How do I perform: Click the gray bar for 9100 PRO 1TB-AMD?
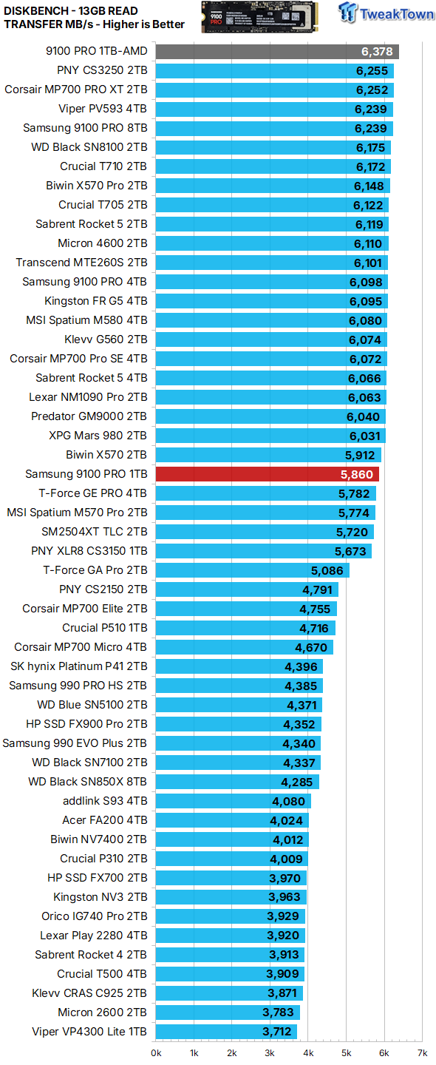click(x=277, y=51)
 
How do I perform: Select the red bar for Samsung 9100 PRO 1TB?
click(x=267, y=474)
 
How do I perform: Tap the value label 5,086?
click(x=327, y=570)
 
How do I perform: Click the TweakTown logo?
click(x=386, y=13)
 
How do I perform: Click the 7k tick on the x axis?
click(x=421, y=1052)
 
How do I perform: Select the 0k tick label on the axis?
click(x=156, y=1052)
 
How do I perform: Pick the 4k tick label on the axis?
click(x=307, y=1052)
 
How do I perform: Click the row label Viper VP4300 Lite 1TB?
click(x=89, y=1032)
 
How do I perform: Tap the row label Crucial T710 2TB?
click(x=103, y=166)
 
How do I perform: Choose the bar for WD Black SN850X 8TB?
click(x=237, y=782)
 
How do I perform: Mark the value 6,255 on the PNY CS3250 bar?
click(x=371, y=71)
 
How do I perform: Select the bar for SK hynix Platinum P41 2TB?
click(x=239, y=666)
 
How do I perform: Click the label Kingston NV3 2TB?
click(x=100, y=897)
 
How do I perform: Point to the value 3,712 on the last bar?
click(x=278, y=1032)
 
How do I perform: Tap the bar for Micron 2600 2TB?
click(x=228, y=1012)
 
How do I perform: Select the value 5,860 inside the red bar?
click(x=356, y=474)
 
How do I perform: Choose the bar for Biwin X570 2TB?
click(x=268, y=455)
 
